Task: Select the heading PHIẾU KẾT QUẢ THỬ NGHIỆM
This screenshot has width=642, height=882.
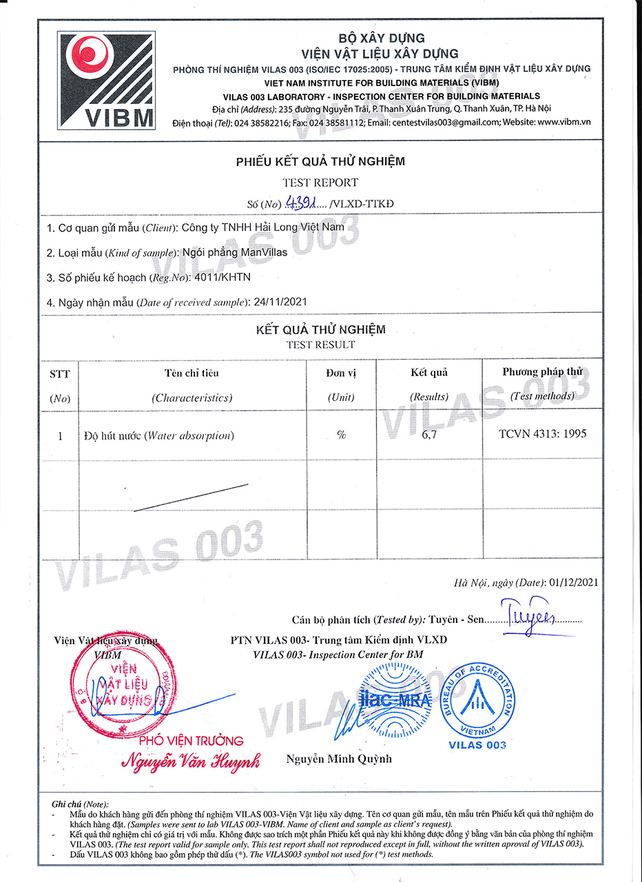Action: [x=320, y=162]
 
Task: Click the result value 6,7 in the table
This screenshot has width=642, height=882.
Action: [x=429, y=435]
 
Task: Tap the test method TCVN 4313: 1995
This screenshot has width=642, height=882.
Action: [x=543, y=434]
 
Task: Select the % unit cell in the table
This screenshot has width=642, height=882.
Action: [x=341, y=435]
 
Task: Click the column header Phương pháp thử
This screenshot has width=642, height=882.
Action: [x=542, y=372]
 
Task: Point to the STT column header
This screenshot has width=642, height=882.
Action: [x=59, y=373]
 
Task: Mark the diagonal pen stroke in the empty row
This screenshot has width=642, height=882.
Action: [x=191, y=497]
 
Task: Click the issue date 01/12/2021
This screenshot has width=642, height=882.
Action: [x=574, y=582]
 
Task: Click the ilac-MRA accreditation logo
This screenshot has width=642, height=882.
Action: [x=394, y=701]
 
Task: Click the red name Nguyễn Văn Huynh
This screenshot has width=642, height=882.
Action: [x=191, y=762]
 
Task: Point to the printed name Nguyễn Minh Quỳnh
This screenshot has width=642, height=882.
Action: [x=339, y=759]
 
